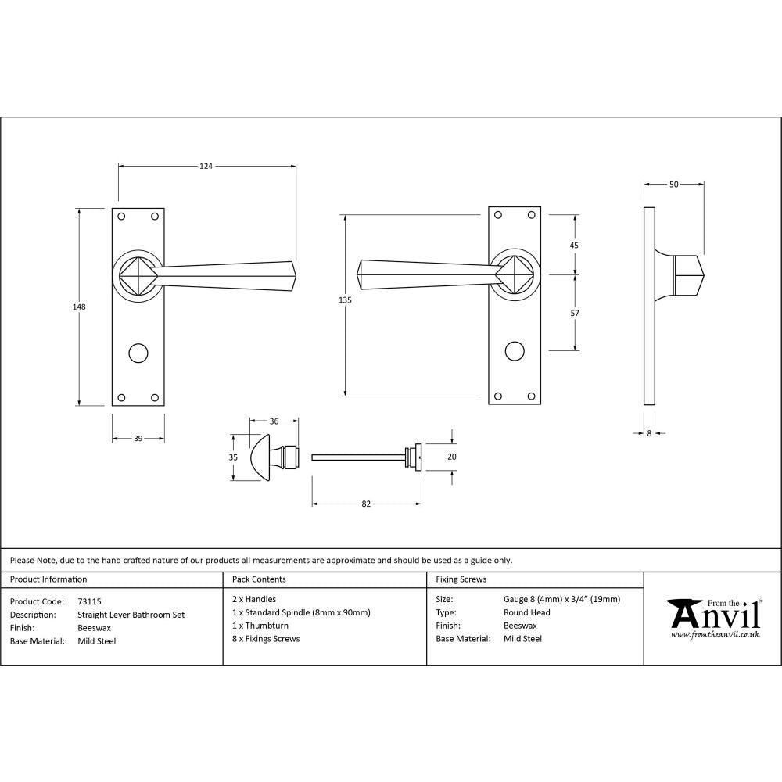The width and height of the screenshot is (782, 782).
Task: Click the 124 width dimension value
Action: coord(206,166)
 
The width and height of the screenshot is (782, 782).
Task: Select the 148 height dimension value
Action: coord(79,307)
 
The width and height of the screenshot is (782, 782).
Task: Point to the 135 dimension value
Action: coord(346,300)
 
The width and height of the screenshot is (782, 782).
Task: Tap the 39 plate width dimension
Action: coord(138,439)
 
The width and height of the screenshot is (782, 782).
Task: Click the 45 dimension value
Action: coord(575,245)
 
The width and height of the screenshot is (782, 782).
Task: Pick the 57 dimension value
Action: coord(575,313)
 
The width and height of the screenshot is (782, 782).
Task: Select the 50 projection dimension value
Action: coord(673,185)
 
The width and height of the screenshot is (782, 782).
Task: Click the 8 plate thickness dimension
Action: coord(649,432)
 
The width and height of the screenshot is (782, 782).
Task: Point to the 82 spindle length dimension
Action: coord(366,504)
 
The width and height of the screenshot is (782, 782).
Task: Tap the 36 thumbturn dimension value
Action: coord(274,421)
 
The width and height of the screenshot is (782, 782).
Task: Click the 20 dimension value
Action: coord(451,457)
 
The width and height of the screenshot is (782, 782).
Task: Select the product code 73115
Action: coord(90,601)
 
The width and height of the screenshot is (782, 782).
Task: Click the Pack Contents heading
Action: coord(259,579)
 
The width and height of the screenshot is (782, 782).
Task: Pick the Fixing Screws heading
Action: coord(461,579)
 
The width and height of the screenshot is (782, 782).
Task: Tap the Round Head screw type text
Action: coord(526,613)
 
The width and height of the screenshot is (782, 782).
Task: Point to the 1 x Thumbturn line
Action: coord(260,626)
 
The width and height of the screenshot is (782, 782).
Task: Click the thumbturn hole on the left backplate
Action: coord(138,351)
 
